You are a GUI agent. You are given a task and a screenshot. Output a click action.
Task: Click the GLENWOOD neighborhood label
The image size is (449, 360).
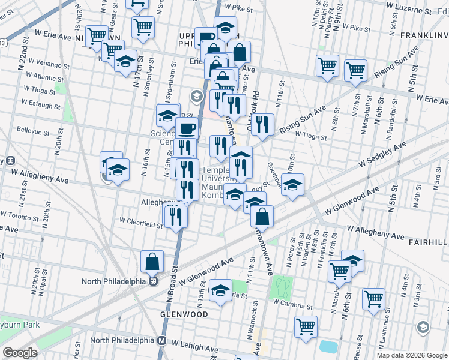tap(184, 314)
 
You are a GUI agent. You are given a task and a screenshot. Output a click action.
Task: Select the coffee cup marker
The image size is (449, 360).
tap(187, 128)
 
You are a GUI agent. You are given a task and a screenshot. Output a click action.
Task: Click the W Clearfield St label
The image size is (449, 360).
tap(141, 224)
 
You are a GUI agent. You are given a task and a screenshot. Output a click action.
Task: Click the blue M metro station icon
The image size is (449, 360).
tap(161, 340)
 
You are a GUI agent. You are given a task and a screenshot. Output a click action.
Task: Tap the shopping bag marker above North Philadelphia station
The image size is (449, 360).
tap(152, 261)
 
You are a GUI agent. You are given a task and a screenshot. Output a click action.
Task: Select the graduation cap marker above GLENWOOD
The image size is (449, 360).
tap(220, 291)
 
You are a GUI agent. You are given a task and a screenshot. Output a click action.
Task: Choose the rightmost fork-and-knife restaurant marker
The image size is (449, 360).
tap(262, 125)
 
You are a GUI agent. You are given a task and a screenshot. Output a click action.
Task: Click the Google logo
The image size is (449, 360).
tap(20, 352)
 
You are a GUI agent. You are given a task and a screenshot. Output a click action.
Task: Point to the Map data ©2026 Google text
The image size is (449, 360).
tap(412, 355)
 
